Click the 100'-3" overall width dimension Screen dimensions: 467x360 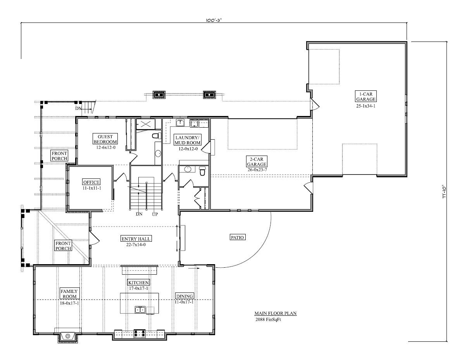point(214,20)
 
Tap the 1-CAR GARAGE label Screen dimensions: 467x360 point(365,96)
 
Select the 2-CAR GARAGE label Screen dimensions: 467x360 point(257,161)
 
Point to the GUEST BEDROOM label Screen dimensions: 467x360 point(105,139)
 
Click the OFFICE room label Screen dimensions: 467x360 point(91,182)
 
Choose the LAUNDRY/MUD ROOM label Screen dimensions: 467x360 point(188,140)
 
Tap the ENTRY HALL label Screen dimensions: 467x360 point(136,239)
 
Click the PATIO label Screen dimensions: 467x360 point(237,237)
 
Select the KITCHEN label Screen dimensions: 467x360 point(139,282)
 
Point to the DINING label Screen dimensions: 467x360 point(184,296)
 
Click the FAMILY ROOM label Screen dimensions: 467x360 point(69,294)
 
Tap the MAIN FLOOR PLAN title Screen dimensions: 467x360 point(276,313)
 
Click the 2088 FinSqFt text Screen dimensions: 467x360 point(268,319)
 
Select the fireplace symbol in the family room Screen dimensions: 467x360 point(68,336)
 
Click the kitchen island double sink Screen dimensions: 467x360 point(140,310)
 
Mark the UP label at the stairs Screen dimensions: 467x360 point(155,214)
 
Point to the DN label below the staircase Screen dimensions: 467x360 point(139,214)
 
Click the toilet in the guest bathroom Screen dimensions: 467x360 point(157,135)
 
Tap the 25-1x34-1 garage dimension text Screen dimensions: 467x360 point(365,106)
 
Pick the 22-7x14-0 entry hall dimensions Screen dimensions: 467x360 point(136,244)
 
